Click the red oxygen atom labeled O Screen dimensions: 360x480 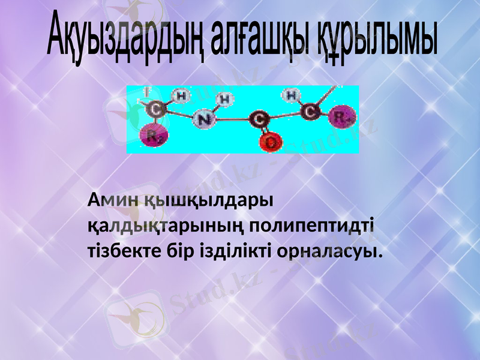coord(272,142)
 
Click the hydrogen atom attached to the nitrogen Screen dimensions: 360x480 coord(224,98)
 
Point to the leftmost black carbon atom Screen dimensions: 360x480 coord(155,109)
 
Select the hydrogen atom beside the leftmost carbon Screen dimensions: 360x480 coord(181,95)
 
